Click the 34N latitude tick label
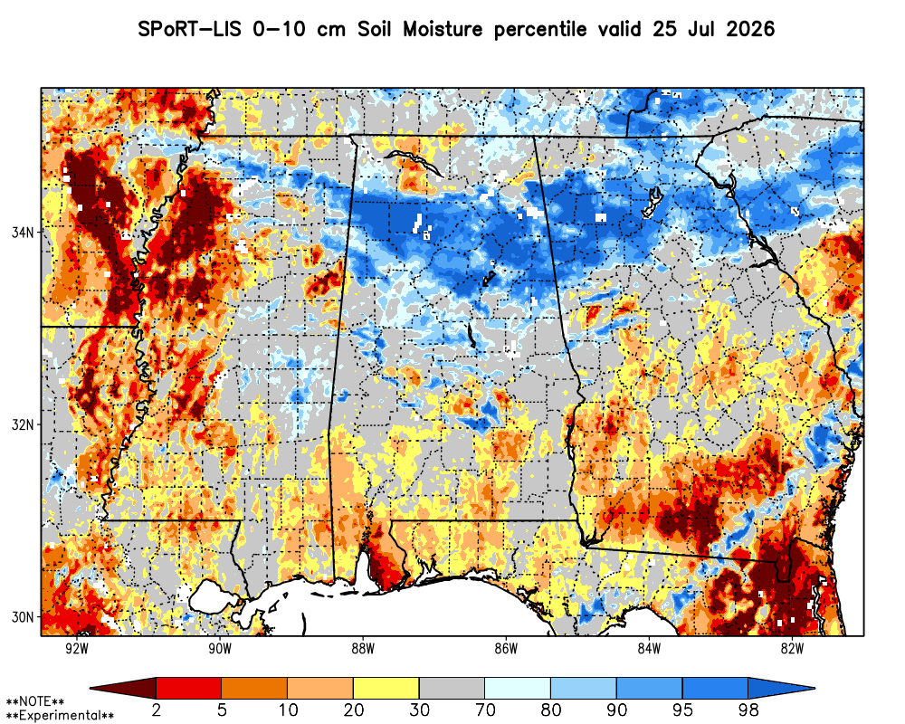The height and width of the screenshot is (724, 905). point(23,232)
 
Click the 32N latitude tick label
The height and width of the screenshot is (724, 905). point(23,424)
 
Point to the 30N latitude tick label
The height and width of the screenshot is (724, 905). point(23,616)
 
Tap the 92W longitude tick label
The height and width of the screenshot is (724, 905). point(77,648)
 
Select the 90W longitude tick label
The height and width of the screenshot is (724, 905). point(220,648)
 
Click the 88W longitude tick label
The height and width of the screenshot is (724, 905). point(363,648)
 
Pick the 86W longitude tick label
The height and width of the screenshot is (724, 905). point(506,648)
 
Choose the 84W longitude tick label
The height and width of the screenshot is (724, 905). point(649,648)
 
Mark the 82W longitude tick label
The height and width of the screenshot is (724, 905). point(792,648)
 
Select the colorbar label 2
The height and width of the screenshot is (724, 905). point(156,710)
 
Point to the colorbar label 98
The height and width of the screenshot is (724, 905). point(748,710)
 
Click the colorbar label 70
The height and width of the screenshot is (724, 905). point(485,710)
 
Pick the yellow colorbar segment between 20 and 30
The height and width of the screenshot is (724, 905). point(386,688)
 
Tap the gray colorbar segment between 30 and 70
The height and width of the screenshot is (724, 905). point(452,688)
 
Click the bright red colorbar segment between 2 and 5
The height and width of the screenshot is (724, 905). point(189,688)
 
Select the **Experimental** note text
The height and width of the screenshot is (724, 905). point(60,716)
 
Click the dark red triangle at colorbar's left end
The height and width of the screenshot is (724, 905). point(129,688)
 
